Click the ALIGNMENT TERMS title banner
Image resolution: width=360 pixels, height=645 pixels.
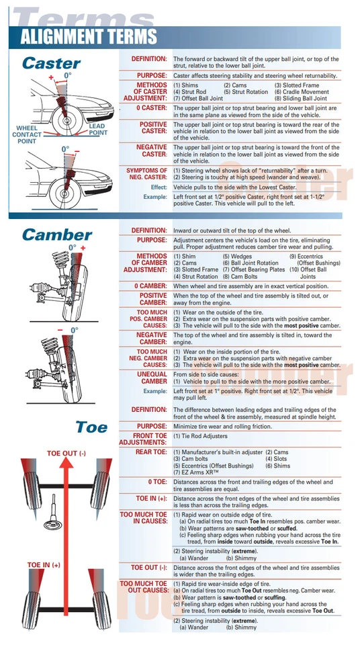point(88,37)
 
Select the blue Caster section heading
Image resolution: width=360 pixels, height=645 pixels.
point(51,63)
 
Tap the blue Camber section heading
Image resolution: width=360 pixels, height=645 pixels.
point(57,234)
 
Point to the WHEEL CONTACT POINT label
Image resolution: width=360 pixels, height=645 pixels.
point(28,134)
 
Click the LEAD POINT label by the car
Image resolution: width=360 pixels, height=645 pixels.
point(97,129)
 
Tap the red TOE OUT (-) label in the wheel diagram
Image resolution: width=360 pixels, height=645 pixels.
point(66,454)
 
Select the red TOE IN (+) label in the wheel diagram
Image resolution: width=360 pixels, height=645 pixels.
point(44,564)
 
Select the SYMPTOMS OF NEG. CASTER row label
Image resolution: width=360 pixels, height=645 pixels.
point(146,174)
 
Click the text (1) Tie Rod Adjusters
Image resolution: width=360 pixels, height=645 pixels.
point(202,436)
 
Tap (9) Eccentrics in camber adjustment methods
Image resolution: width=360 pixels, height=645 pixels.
point(311,256)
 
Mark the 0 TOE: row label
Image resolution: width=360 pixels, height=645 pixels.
point(157,482)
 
